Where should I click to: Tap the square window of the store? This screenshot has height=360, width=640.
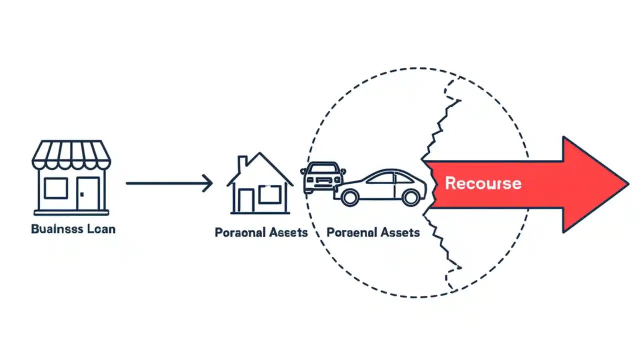[x=55, y=188]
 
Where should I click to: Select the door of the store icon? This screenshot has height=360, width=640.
[x=88, y=193]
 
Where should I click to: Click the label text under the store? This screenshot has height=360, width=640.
[x=73, y=229]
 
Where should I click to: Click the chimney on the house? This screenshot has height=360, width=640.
[x=242, y=163]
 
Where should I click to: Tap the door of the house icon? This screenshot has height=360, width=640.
[x=245, y=201]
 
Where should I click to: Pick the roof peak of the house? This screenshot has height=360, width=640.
[x=260, y=155]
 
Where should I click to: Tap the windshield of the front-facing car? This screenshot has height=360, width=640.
[x=322, y=168]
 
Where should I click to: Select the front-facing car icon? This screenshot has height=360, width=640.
[x=322, y=177]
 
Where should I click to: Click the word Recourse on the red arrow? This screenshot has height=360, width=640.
[x=483, y=183]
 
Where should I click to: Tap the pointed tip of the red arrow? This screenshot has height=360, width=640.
[x=627, y=183]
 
